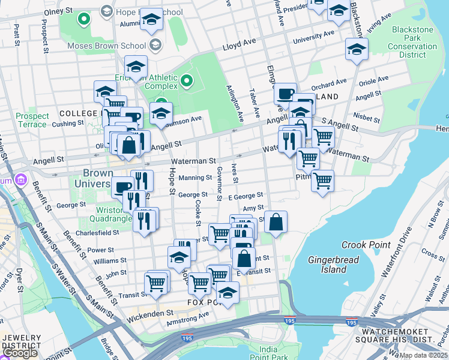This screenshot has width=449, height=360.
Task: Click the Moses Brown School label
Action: pos(106,46)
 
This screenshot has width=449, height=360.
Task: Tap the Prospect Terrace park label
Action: pos(32,120)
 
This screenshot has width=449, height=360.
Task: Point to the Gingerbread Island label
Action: pos(328,265)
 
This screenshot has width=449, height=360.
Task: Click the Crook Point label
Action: pos(366,245)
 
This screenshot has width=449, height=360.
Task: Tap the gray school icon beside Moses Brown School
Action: pos(155,46)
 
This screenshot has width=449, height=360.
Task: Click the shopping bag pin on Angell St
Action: pos(129,145)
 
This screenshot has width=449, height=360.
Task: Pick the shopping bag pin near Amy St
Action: pos(275,221)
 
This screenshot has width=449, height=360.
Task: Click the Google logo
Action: pos(19,353)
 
